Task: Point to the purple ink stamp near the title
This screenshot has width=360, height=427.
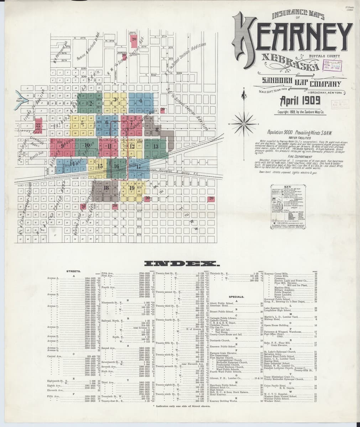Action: coord(332,65)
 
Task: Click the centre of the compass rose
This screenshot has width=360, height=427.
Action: coord(244,123)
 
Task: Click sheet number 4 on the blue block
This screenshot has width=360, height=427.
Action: coord(141,101)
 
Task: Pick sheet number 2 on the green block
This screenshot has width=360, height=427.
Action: coord(90,104)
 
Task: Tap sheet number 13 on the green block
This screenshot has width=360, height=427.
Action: coord(155,146)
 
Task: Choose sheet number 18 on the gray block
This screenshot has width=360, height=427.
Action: coord(106,188)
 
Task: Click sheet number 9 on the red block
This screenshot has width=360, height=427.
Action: coord(63,145)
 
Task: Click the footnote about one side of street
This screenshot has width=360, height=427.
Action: coord(180,416)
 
